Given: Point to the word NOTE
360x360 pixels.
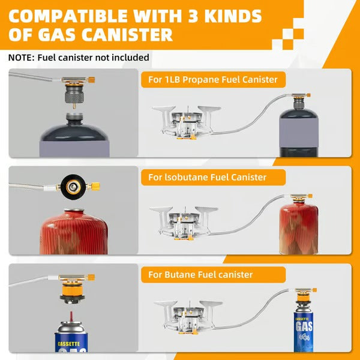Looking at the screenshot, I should pos(22,58).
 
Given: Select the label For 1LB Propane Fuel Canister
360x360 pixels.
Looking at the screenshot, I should pos(213,79).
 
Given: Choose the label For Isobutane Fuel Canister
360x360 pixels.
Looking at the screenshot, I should pos(206,177).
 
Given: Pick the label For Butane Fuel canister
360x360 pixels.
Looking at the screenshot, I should pos(200,275).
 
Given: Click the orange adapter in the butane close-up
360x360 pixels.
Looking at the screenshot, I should pos(71,295).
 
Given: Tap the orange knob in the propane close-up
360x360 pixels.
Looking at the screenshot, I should pos(93,77).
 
